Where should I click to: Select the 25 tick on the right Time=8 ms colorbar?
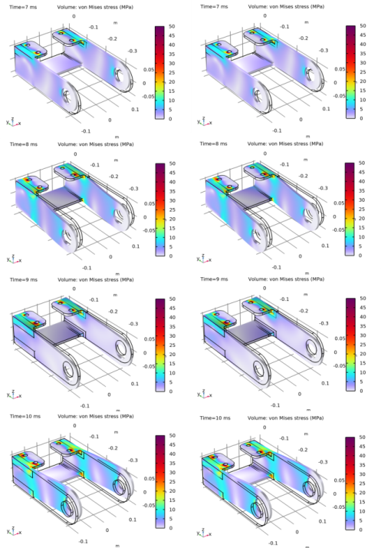(360, 209)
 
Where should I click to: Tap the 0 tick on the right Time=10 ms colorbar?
(360, 530)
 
